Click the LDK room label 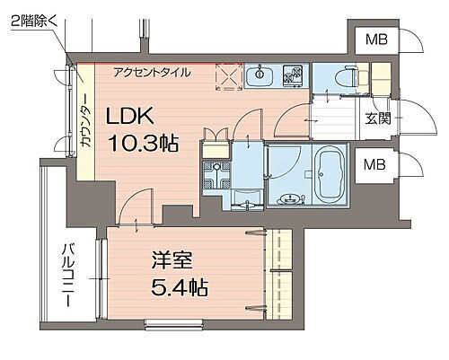134,117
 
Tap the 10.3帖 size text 145,143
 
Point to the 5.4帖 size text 180,289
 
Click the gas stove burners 293,75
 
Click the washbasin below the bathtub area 289,200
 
